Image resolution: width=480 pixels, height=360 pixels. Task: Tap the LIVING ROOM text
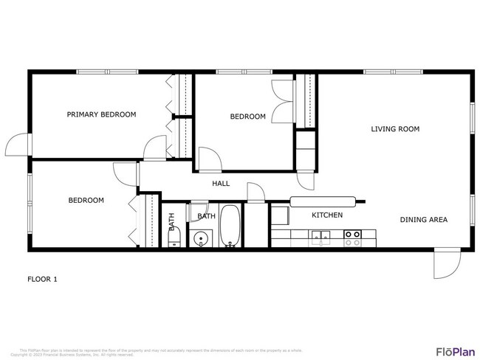click(394, 129)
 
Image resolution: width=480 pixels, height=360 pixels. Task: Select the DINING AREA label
click(423, 219)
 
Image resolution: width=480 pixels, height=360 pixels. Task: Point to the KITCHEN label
click(326, 215)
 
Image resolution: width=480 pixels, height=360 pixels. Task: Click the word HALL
click(221, 184)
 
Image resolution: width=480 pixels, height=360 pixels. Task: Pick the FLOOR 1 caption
click(42, 279)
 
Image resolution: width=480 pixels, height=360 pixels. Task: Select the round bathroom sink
click(200, 238)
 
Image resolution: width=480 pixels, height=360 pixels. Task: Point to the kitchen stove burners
click(352, 237)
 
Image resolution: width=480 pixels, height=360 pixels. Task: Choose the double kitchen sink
click(320, 237)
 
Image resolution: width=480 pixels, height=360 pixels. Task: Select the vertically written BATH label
click(171, 222)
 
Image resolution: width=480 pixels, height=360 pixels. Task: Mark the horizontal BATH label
click(206, 216)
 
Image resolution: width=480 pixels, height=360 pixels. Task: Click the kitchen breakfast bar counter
click(326, 200)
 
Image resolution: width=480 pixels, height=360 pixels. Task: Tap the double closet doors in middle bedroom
click(281, 103)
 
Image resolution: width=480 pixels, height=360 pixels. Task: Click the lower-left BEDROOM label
click(86, 200)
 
